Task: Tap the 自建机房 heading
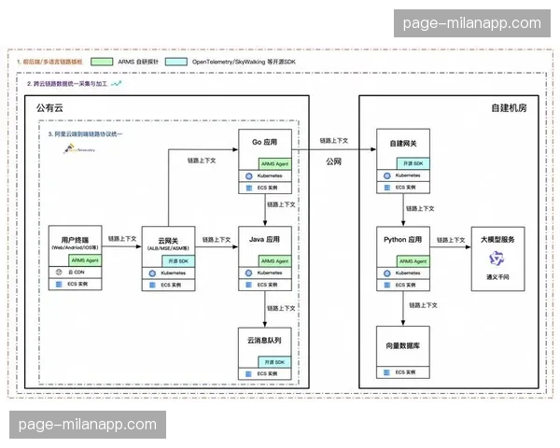click(509, 108)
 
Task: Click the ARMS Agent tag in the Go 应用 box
click(274, 161)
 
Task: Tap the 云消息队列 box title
click(266, 340)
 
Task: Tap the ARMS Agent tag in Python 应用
click(412, 260)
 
